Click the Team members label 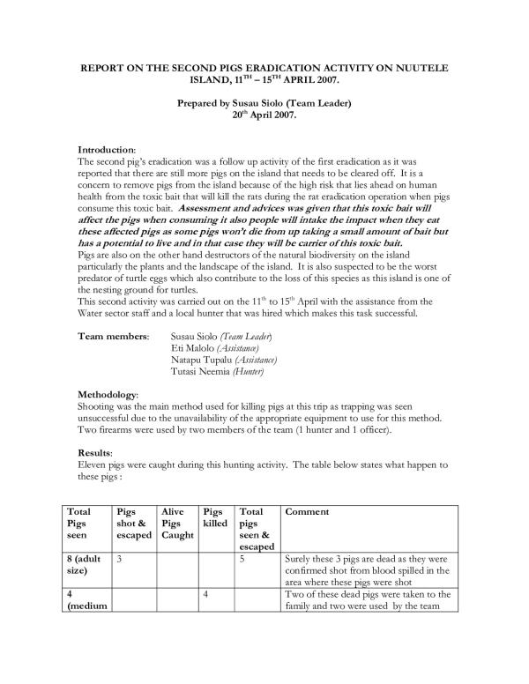(x=113, y=337)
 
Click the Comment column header (x=308, y=511)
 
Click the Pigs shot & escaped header (x=133, y=523)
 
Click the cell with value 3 (x=120, y=558)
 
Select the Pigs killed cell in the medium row (x=206, y=595)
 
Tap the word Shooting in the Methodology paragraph (x=100, y=405)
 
